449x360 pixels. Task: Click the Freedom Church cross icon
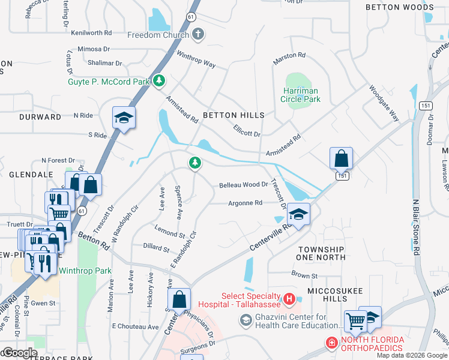pos(199,35)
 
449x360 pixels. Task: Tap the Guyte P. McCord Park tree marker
pos(159,80)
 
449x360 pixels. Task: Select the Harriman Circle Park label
pos(301,95)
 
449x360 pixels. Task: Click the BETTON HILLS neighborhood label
pos(234,115)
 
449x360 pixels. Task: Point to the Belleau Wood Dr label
pos(243,185)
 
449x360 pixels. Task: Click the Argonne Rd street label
pos(245,203)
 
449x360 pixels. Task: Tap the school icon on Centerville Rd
pos(298,214)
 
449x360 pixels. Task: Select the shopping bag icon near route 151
pos(340,158)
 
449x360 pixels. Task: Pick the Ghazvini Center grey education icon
pos(245,321)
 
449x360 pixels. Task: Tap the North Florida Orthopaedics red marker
pos(331,343)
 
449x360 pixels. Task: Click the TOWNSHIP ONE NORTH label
pos(321,253)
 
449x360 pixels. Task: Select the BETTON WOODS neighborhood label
pos(400,7)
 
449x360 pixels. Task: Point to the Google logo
pos(19,353)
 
